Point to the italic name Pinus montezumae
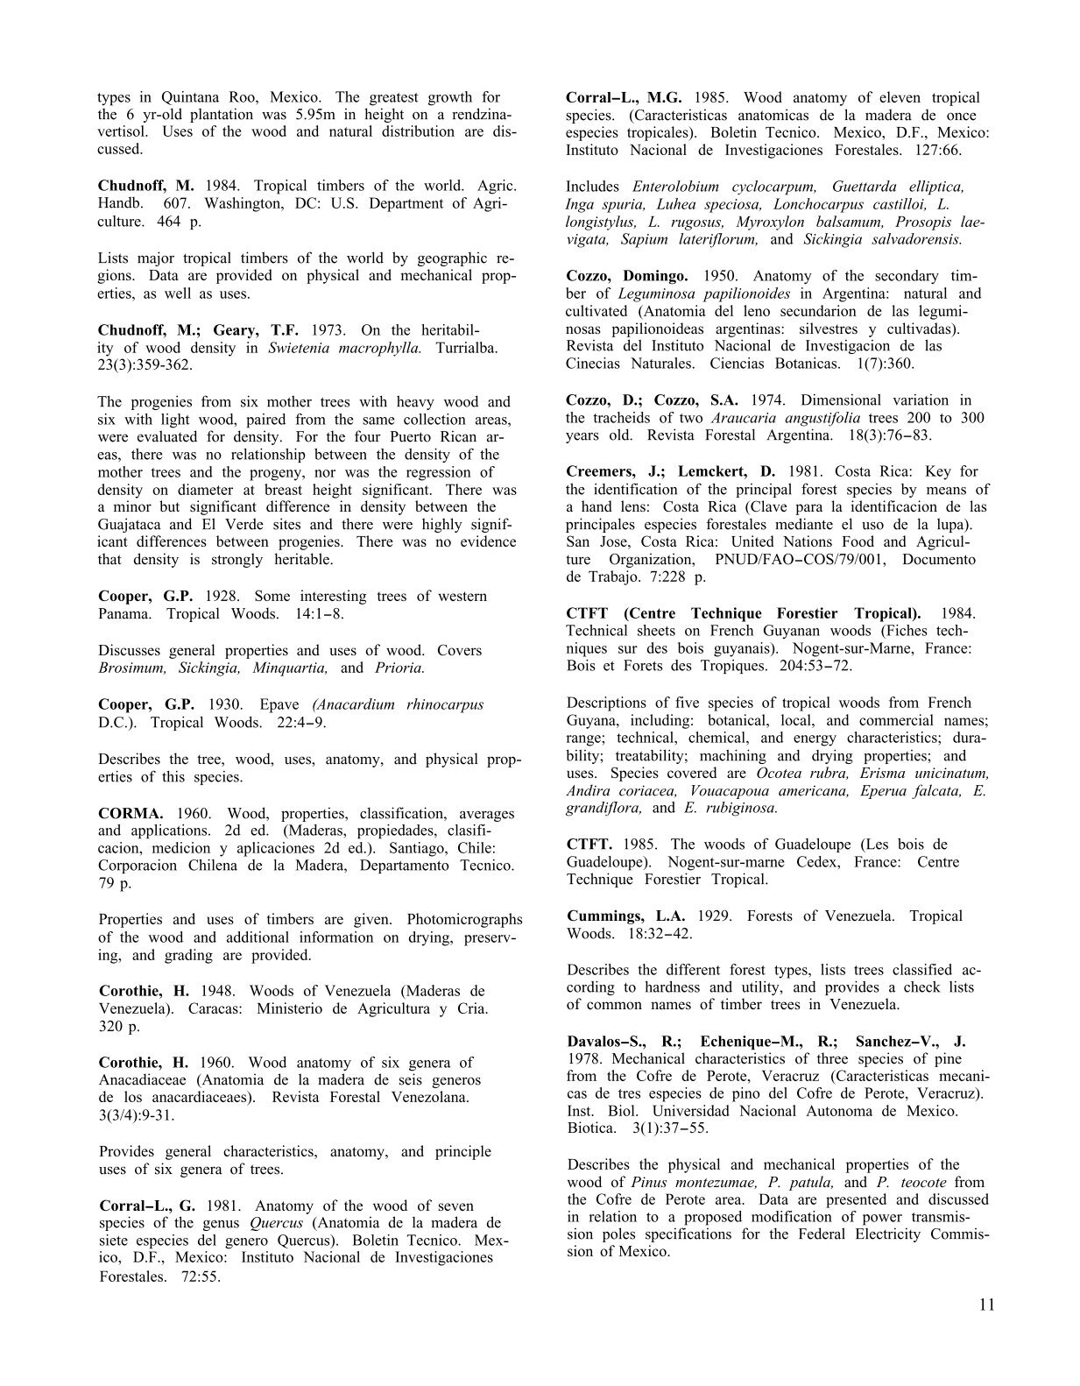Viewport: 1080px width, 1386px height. pos(696,1182)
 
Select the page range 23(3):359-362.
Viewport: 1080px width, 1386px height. pos(145,365)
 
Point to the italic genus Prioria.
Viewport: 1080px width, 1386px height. pos(399,668)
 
